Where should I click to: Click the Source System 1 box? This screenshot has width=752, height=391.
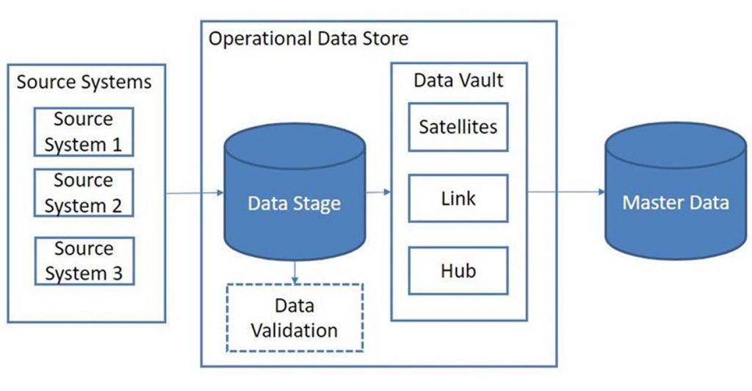click(84, 132)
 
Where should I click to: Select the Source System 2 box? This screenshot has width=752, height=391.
click(84, 193)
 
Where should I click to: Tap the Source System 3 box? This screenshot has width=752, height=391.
click(84, 261)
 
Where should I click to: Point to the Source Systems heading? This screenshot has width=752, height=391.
click(84, 81)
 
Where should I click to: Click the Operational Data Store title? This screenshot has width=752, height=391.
click(308, 38)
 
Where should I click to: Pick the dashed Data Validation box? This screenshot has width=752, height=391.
click(294, 318)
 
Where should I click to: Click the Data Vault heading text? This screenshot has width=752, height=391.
click(458, 80)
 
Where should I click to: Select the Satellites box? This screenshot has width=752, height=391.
click(458, 127)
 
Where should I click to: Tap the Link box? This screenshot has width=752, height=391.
click(458, 198)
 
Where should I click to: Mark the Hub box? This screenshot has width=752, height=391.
click(458, 271)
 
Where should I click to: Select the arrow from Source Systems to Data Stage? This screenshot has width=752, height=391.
click(195, 193)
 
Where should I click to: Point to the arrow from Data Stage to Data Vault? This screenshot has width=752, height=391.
click(378, 193)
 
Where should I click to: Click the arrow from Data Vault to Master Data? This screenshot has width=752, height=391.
click(565, 193)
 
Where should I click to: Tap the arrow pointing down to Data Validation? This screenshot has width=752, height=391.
click(294, 272)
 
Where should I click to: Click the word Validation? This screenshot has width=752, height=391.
click(294, 330)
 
